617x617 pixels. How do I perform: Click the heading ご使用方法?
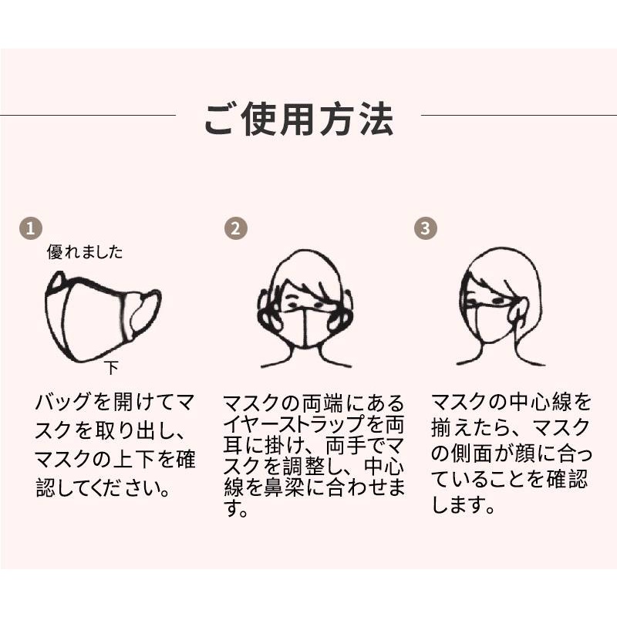coord(299,120)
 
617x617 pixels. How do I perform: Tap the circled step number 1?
coord(31,228)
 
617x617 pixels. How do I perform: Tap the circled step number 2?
coord(236,228)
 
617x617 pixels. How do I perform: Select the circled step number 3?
coord(426,228)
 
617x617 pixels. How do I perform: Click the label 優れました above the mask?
coord(85,252)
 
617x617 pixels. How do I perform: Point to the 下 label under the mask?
coord(112,369)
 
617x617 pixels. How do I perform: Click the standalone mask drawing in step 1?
coord(103,317)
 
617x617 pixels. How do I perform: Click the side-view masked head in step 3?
coord(501,307)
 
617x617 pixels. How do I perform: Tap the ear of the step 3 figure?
coord(518,310)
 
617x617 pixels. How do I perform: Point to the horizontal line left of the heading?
coord(88,115)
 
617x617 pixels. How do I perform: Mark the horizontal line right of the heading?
coord(519,115)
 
